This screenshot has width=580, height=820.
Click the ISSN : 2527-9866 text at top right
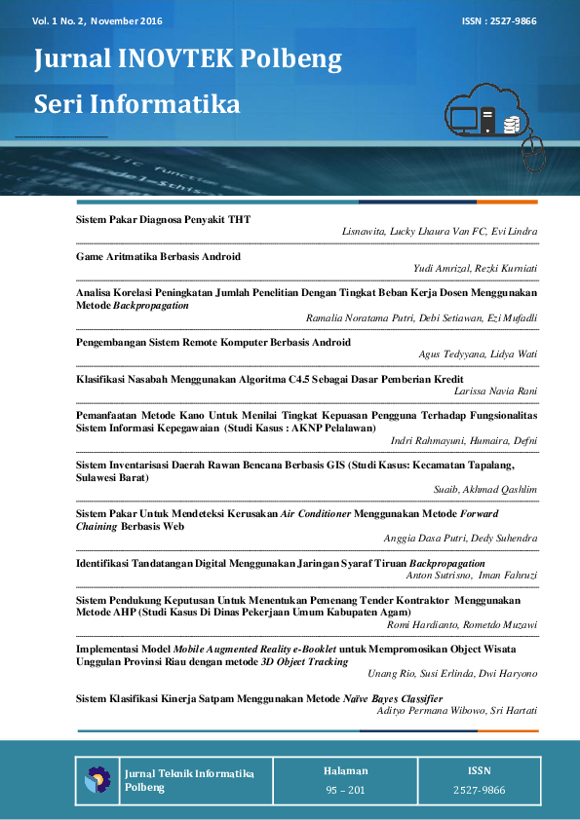[499, 20]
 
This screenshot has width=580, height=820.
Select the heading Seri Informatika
[136, 103]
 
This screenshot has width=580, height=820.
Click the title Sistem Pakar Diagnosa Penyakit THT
[163, 220]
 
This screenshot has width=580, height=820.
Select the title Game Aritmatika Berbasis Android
[158, 256]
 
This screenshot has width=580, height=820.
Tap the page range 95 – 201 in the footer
[345, 790]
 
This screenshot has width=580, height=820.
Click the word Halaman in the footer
[345, 770]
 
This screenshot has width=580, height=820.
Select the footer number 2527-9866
[479, 790]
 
